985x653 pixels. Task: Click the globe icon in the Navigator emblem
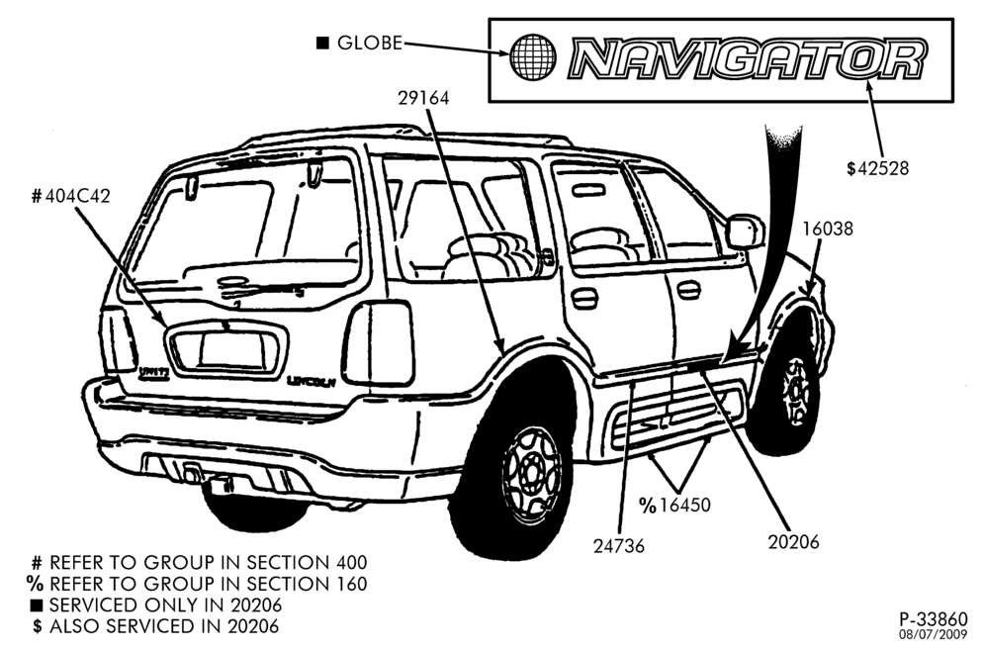click(x=532, y=56)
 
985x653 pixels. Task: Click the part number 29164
click(x=423, y=99)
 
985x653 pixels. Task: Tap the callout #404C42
click(x=71, y=197)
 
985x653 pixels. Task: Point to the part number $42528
click(x=877, y=168)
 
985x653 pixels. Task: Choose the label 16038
click(x=828, y=229)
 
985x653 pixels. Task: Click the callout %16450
click(x=674, y=505)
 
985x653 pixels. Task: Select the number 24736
click(x=619, y=546)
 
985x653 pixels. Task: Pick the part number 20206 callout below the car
click(x=793, y=542)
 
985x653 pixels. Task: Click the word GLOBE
click(x=370, y=43)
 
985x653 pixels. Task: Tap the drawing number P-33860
click(x=934, y=619)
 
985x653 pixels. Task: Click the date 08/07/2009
click(x=934, y=634)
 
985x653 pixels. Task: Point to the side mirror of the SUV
click(x=745, y=232)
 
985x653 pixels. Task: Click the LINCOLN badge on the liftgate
click(x=312, y=381)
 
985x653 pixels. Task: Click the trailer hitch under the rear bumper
click(x=217, y=483)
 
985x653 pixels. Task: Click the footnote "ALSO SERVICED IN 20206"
click(x=164, y=626)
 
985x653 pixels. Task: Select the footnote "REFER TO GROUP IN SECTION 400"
click(x=208, y=562)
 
